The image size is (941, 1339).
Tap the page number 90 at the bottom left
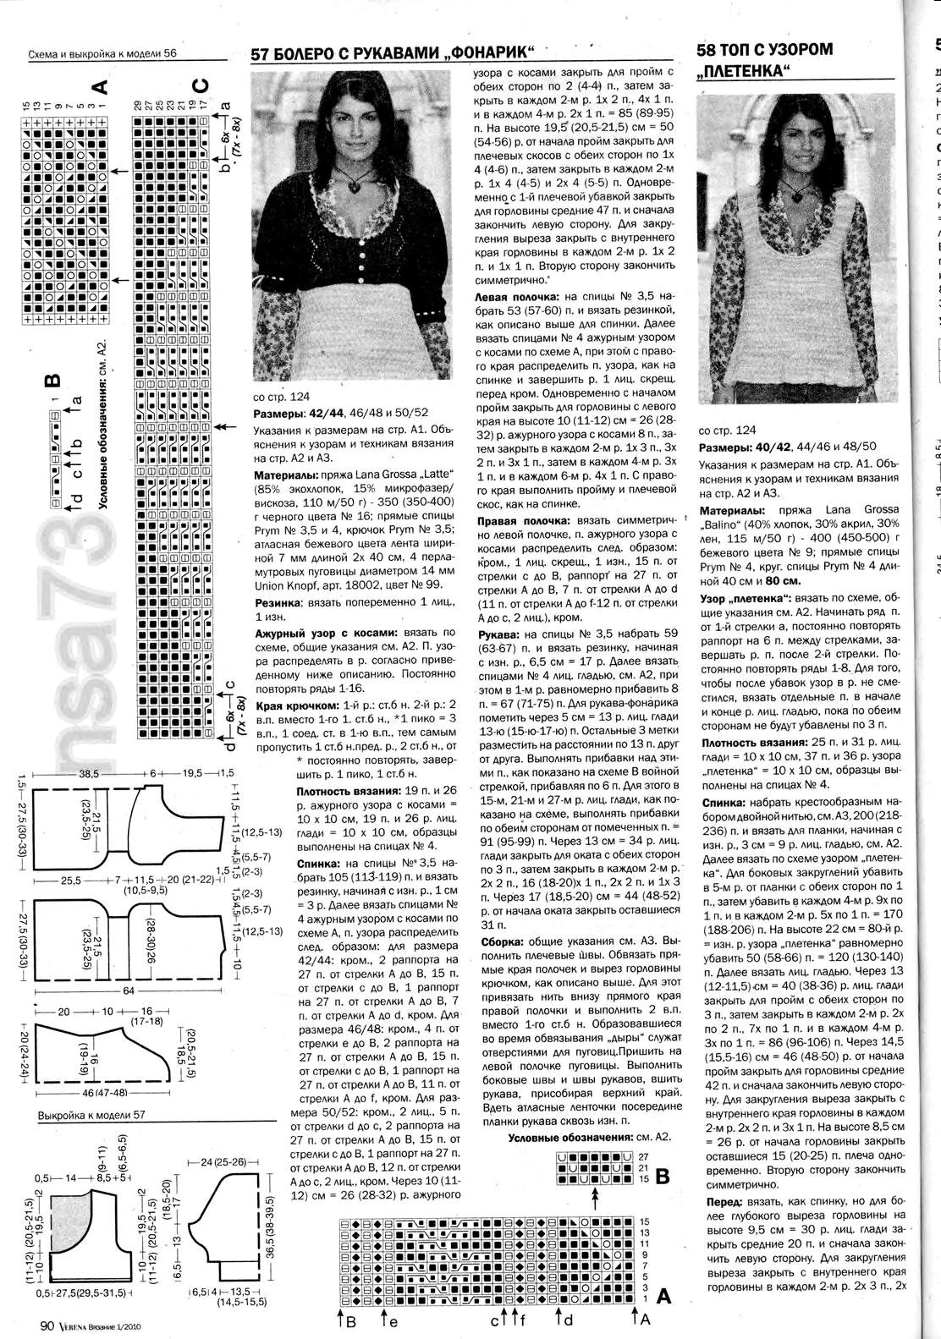click(47, 1325)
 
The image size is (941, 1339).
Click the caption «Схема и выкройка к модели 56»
click(102, 53)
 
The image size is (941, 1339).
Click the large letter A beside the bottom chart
click(663, 1296)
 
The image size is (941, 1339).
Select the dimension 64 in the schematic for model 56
click(129, 989)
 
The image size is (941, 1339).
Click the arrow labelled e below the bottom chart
click(383, 1317)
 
